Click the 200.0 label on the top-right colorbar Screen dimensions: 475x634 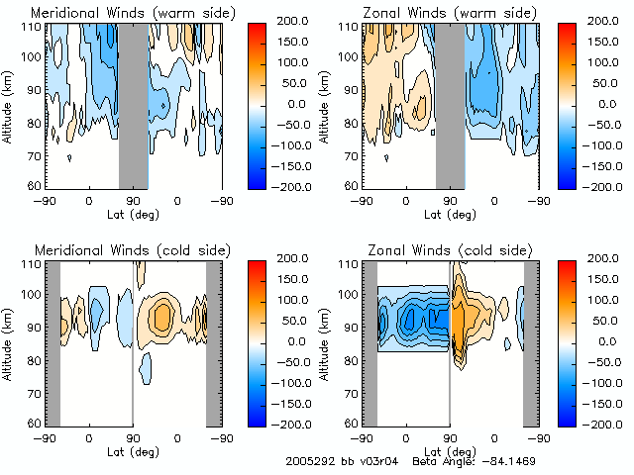(601, 21)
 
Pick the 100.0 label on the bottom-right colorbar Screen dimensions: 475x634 (601, 299)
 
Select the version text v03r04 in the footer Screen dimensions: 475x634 (375, 461)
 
